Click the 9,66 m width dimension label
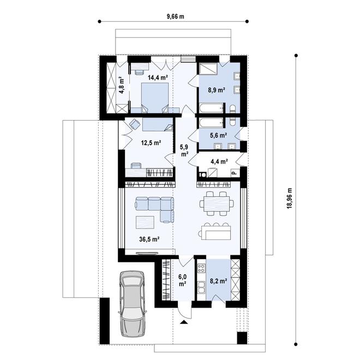click(175, 16)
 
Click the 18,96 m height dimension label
click(290, 199)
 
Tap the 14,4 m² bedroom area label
click(158, 77)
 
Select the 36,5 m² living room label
click(149, 239)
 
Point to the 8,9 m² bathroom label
click(217, 90)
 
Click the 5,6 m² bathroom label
click(219, 135)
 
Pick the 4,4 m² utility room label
click(219, 161)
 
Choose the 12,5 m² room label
click(151, 143)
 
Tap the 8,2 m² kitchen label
click(219, 280)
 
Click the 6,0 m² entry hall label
click(183, 280)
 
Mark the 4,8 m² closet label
click(122, 85)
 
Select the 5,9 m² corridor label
click(184, 150)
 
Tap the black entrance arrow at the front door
click(183, 322)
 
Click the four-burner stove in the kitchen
click(201, 268)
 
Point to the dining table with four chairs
click(217, 203)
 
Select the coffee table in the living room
click(145, 222)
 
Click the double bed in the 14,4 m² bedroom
click(155, 98)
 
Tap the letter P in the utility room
click(235, 173)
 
